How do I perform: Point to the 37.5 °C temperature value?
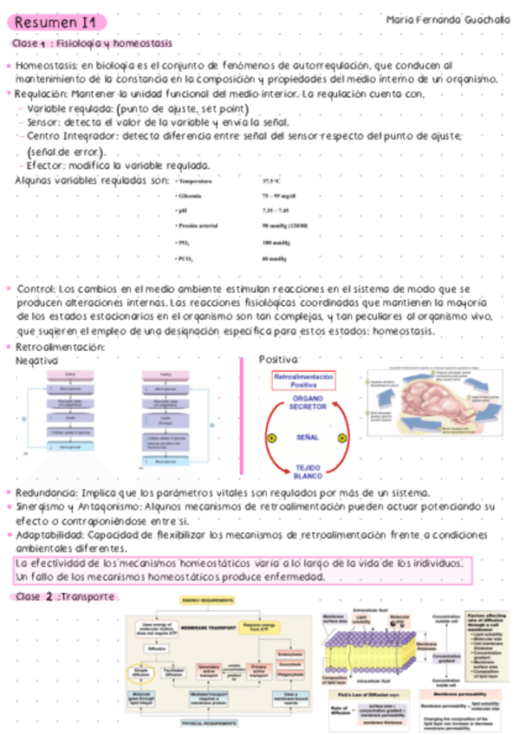pyautogui.click(x=272, y=181)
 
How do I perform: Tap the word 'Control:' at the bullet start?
pyautogui.click(x=36, y=288)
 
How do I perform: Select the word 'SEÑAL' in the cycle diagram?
pyautogui.click(x=308, y=439)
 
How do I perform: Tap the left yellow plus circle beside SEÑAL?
pyautogui.click(x=271, y=439)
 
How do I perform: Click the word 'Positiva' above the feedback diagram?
pyautogui.click(x=278, y=359)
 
